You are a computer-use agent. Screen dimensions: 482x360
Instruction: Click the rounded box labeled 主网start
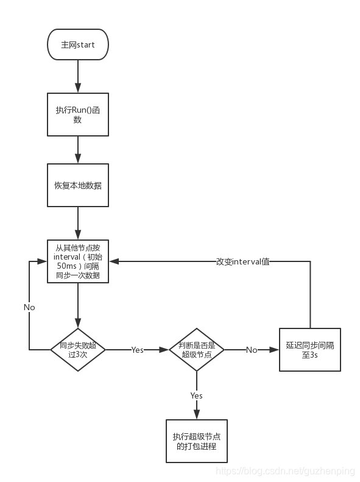coord(78,45)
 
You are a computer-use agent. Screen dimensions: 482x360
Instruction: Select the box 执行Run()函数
coord(78,115)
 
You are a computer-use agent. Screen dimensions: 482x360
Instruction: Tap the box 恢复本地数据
coord(78,185)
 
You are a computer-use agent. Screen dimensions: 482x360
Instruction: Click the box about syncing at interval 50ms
coord(78,261)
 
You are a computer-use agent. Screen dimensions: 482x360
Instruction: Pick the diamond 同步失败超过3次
coord(78,350)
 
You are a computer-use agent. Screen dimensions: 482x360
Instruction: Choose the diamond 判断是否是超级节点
coord(197,350)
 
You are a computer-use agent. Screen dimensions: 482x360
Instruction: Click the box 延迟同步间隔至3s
coord(310,350)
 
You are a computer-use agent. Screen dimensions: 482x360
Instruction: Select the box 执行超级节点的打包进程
coord(197,441)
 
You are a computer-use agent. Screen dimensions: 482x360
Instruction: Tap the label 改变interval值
coord(242,261)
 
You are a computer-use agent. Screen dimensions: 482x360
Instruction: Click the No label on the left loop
coord(29,307)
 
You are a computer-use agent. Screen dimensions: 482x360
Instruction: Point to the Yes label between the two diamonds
coord(138,350)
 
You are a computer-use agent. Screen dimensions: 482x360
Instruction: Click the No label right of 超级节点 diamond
coord(252,350)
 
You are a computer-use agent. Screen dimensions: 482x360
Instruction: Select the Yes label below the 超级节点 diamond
coord(197,395)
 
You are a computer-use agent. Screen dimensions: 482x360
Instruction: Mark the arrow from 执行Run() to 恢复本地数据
coord(78,149)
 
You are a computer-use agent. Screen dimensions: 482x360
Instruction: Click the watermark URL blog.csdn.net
coord(286,471)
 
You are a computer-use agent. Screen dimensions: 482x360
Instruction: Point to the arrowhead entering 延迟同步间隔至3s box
coord(275,350)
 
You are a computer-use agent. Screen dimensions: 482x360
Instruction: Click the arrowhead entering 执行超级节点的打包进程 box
coord(197,416)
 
